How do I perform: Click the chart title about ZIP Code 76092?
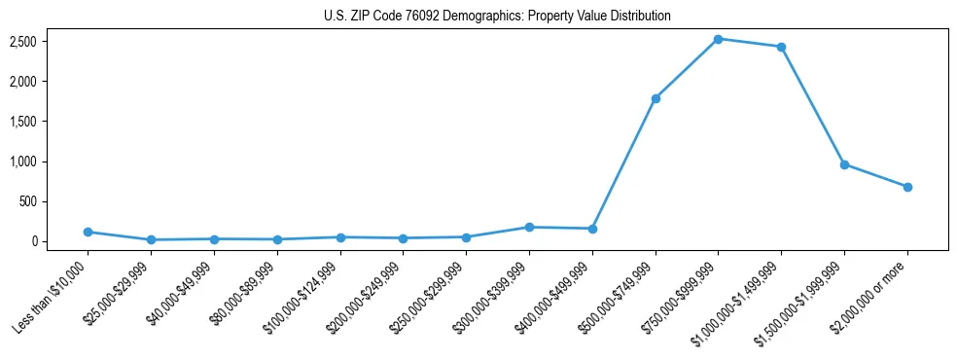click(497, 17)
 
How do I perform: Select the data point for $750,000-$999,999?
click(718, 39)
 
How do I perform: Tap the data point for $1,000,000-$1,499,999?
click(781, 47)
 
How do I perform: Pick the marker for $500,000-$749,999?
click(656, 98)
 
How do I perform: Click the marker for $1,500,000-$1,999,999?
click(844, 164)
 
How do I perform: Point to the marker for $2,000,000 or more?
click(907, 187)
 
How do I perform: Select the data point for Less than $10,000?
click(88, 232)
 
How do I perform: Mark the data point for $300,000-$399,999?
click(529, 227)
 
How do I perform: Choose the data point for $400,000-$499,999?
click(592, 229)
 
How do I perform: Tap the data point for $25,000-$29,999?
click(151, 239)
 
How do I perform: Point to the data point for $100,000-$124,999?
click(340, 237)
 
